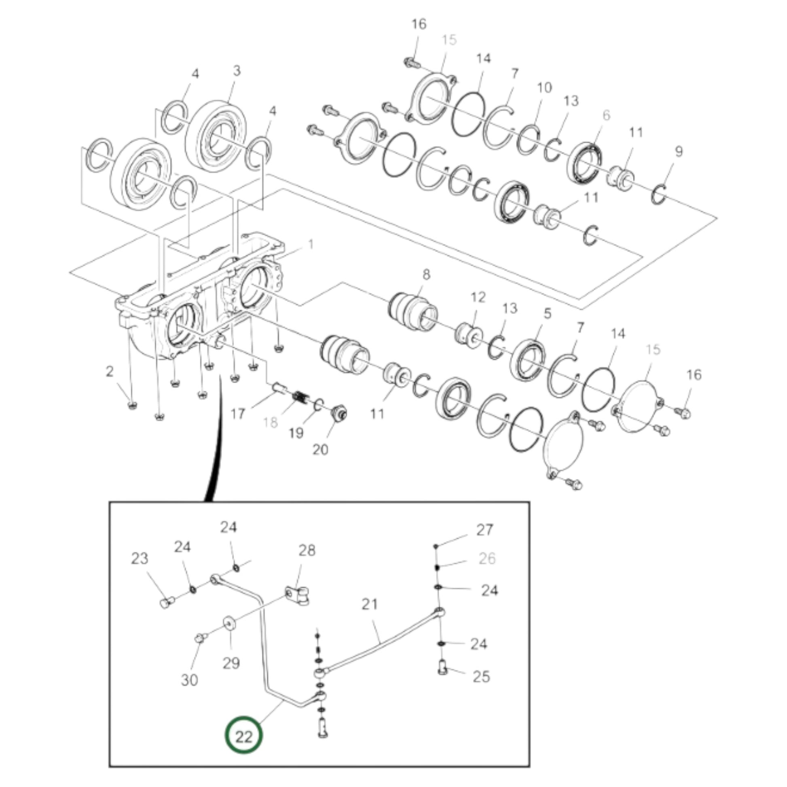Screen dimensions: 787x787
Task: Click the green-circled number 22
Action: [x=243, y=736]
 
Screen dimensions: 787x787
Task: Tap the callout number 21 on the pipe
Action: [x=370, y=604]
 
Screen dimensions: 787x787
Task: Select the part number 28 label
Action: [x=307, y=550]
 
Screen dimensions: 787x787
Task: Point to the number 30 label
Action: [x=189, y=680]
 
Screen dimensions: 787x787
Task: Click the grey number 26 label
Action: [x=487, y=559]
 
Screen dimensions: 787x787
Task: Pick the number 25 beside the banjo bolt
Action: [x=481, y=677]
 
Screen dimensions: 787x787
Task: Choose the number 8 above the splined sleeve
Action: [x=426, y=274]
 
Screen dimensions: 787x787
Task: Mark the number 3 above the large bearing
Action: [x=237, y=70]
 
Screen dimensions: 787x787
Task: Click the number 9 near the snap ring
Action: [x=678, y=152]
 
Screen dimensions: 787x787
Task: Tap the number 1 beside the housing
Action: [x=311, y=244]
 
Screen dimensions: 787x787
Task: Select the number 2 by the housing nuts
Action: [x=109, y=371]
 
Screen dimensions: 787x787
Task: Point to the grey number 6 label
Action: [x=607, y=115]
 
